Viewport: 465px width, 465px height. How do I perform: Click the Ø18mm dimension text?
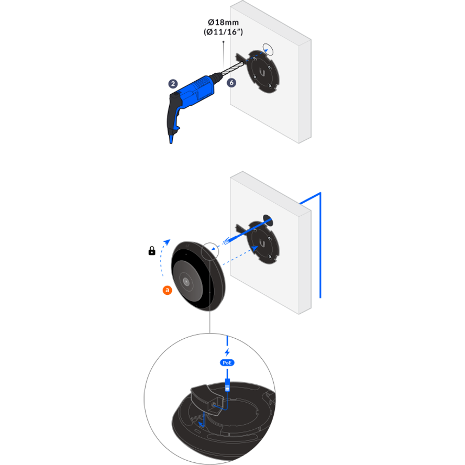coord(223,22)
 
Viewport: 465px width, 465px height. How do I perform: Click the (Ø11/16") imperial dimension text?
coord(223,32)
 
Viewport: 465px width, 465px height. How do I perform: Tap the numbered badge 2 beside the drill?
coord(173,84)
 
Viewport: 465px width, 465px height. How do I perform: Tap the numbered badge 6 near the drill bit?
coord(231,83)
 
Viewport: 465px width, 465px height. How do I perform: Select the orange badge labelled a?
coord(167,290)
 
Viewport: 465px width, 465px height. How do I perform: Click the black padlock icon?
coord(152,251)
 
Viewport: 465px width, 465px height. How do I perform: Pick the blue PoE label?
coord(227,363)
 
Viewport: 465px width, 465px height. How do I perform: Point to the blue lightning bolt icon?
coord(227,352)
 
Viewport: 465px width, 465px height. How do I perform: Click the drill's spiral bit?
coord(234,68)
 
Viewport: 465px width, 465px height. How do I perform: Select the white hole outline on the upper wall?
coord(268,49)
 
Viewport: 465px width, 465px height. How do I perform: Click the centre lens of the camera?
coord(186,281)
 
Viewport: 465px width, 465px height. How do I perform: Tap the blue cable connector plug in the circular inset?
coord(228,385)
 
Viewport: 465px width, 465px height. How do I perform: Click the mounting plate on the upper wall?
coord(262,72)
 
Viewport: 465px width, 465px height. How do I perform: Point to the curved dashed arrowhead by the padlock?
coord(167,242)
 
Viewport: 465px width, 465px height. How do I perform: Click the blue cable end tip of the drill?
coord(171,139)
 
